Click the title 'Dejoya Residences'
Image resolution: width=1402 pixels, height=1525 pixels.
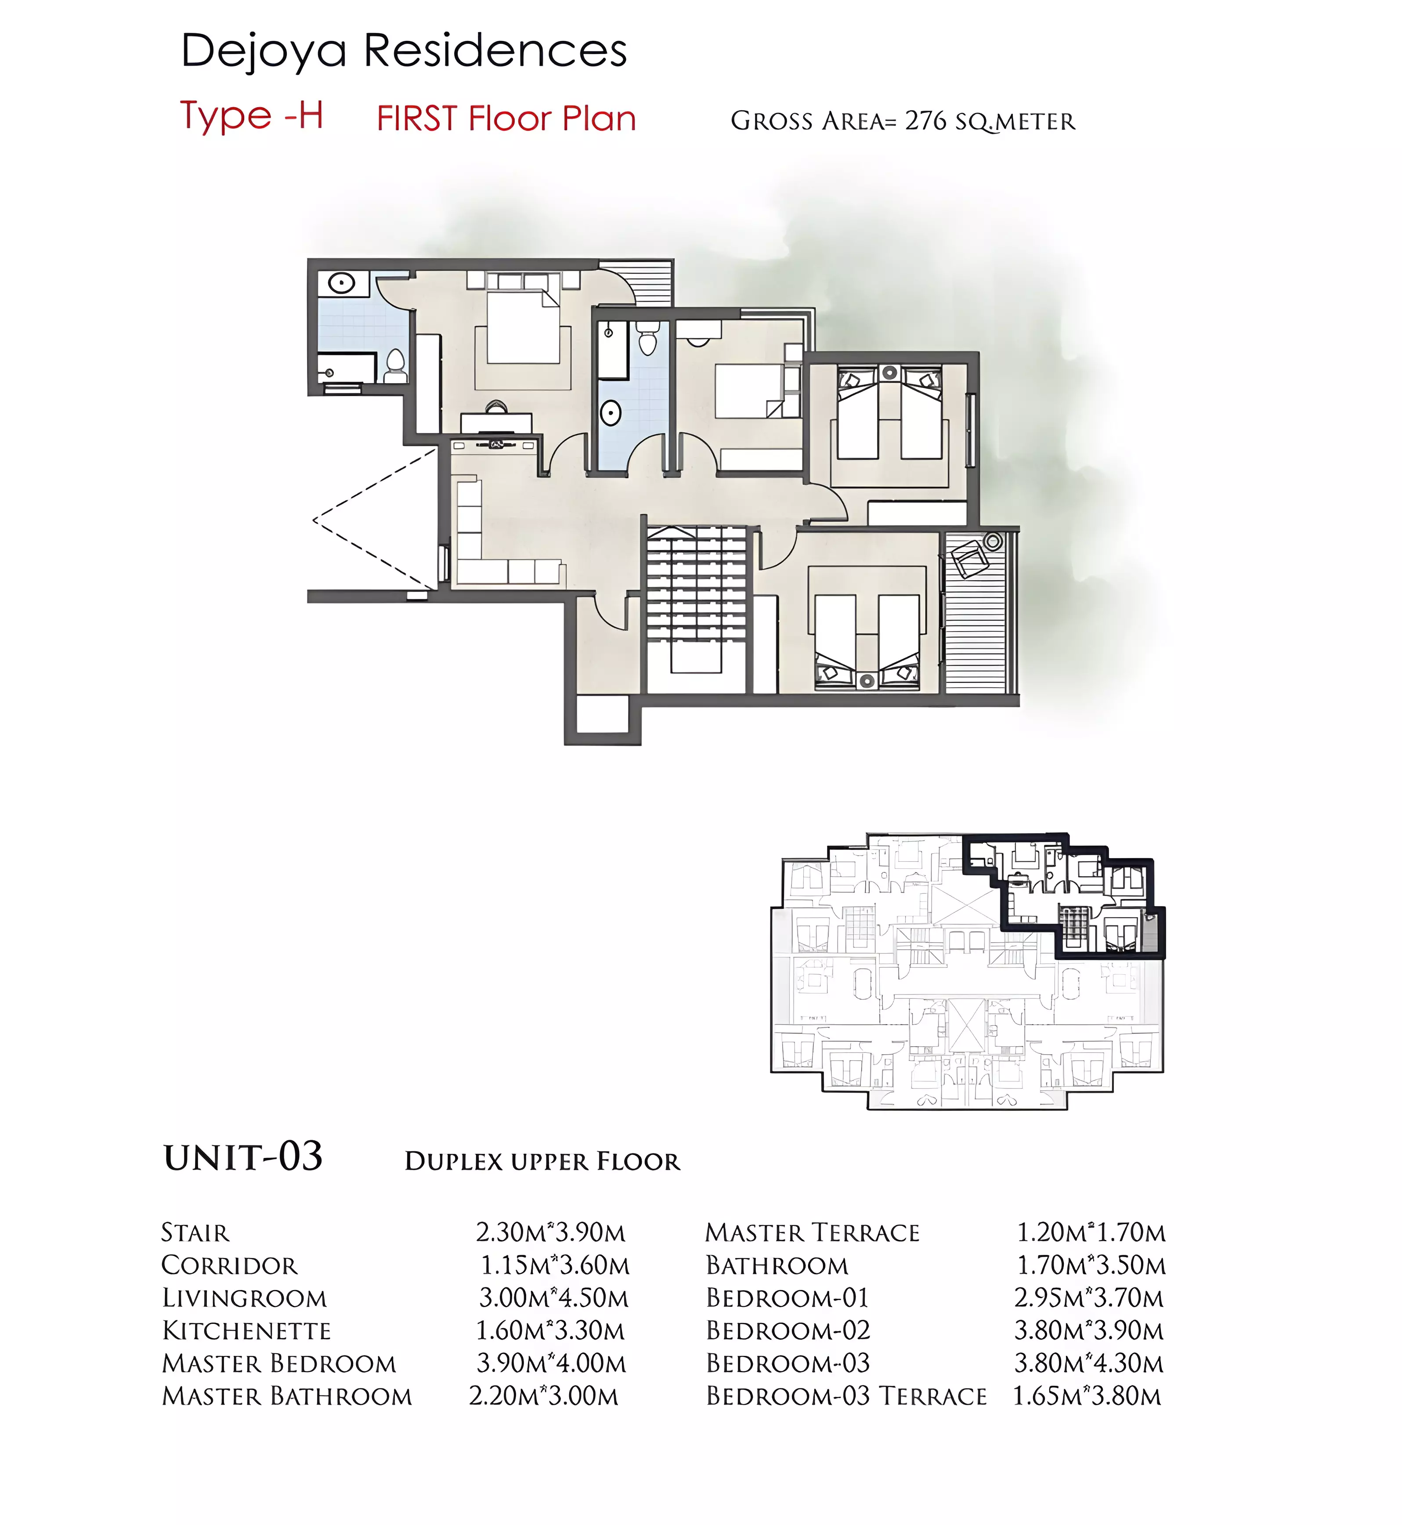pyautogui.click(x=404, y=51)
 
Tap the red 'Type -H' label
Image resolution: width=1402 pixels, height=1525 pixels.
pyautogui.click(x=252, y=116)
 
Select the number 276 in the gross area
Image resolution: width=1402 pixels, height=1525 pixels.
pyautogui.click(x=925, y=121)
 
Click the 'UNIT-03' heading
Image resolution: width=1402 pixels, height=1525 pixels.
pyautogui.click(x=243, y=1157)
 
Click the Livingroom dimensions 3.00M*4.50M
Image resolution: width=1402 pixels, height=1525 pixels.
pyautogui.click(x=554, y=1298)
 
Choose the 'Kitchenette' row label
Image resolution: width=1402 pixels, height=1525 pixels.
pyautogui.click(x=246, y=1331)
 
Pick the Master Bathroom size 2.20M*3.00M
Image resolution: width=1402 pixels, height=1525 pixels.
pyautogui.click(x=544, y=1396)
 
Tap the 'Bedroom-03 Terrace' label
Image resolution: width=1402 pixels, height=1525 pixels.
pyautogui.click(x=847, y=1396)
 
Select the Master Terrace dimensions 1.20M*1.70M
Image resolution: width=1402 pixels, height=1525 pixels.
pyautogui.click(x=1091, y=1233)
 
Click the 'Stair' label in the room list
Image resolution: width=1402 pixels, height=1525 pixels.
pyautogui.click(x=195, y=1233)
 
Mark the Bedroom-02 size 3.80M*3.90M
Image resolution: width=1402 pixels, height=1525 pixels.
pyautogui.click(x=1089, y=1331)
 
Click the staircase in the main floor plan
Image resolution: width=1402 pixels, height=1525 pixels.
pyautogui.click(x=697, y=600)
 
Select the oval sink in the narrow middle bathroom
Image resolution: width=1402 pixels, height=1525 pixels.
pyautogui.click(x=611, y=413)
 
